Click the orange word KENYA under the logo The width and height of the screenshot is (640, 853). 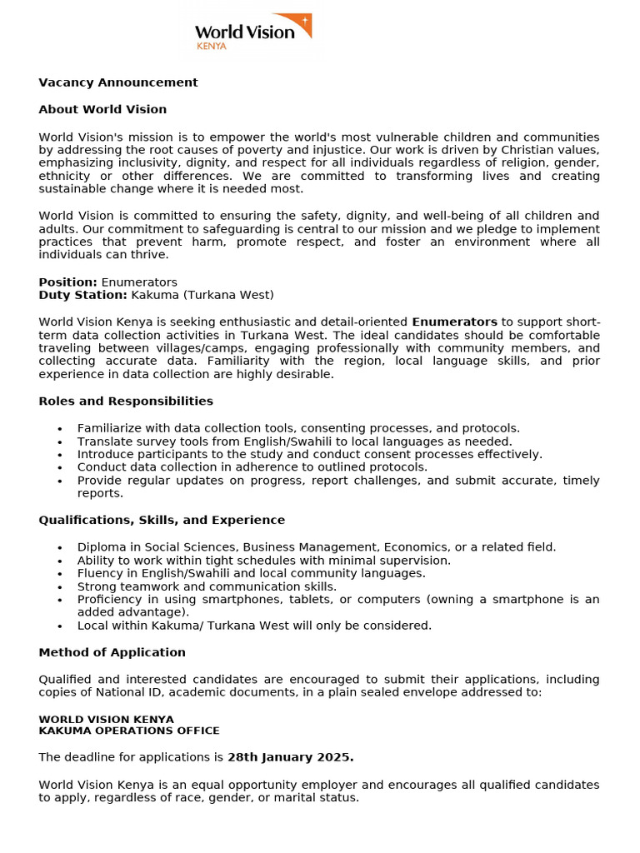pos(211,47)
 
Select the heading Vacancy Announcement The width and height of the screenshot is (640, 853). pos(118,82)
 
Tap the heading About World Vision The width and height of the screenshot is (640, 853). pos(102,109)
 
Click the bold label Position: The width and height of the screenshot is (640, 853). pos(67,282)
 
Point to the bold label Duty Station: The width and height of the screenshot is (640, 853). pos(82,295)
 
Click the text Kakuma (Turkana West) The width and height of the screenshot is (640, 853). pos(202,295)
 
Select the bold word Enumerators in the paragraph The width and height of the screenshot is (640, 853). pos(454,322)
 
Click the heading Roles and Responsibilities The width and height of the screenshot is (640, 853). pos(126,401)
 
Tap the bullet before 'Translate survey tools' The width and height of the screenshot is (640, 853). pos(60,441)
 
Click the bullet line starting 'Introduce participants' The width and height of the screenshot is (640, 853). pos(309,454)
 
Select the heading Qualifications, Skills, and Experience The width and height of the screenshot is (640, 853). pos(162,520)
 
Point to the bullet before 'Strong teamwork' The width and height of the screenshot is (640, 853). pos(60,587)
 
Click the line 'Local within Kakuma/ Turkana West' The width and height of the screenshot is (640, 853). pos(254,626)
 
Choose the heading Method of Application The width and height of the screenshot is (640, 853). pos(112,652)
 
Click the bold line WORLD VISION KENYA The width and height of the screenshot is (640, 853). pos(106,719)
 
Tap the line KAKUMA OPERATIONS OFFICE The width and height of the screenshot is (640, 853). pos(129,731)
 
